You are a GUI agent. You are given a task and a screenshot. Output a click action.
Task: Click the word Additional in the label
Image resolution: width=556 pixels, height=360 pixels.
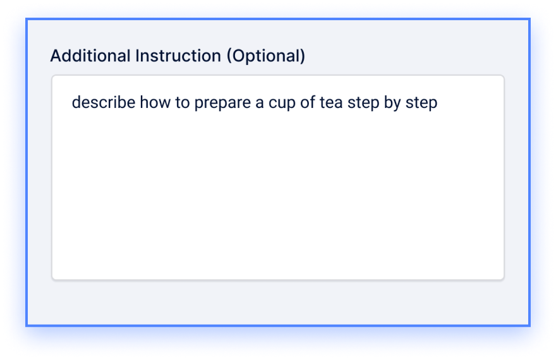[x=90, y=56]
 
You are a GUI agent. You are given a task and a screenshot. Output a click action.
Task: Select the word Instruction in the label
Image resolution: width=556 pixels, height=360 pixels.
[x=178, y=56]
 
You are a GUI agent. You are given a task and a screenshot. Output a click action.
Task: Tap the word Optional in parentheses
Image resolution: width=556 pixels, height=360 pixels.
[x=266, y=57]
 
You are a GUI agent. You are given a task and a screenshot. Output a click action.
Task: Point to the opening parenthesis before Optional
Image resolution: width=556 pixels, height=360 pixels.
[x=229, y=57]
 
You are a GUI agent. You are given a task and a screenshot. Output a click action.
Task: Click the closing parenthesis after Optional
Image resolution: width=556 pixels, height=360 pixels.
[x=303, y=57]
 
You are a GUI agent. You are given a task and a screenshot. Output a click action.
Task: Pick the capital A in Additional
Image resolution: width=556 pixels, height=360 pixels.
[x=56, y=56]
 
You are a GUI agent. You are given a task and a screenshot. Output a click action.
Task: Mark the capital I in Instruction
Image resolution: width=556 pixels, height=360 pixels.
[x=137, y=56]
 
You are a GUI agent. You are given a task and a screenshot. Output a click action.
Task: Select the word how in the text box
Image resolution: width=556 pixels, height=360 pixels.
[x=155, y=102]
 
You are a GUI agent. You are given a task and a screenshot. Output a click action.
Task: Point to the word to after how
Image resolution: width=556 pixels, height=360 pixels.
[x=182, y=103]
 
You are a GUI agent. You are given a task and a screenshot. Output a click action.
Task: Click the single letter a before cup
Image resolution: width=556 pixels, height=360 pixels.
[x=260, y=104]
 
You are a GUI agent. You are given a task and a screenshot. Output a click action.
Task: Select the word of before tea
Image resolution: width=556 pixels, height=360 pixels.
[x=308, y=102]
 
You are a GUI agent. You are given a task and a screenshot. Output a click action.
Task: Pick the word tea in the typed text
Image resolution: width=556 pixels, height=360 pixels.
[x=331, y=103]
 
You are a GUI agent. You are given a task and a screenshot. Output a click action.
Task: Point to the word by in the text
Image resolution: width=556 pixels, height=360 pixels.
[x=392, y=104]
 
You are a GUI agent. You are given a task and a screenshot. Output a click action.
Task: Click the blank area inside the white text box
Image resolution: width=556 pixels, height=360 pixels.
[x=278, y=198]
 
